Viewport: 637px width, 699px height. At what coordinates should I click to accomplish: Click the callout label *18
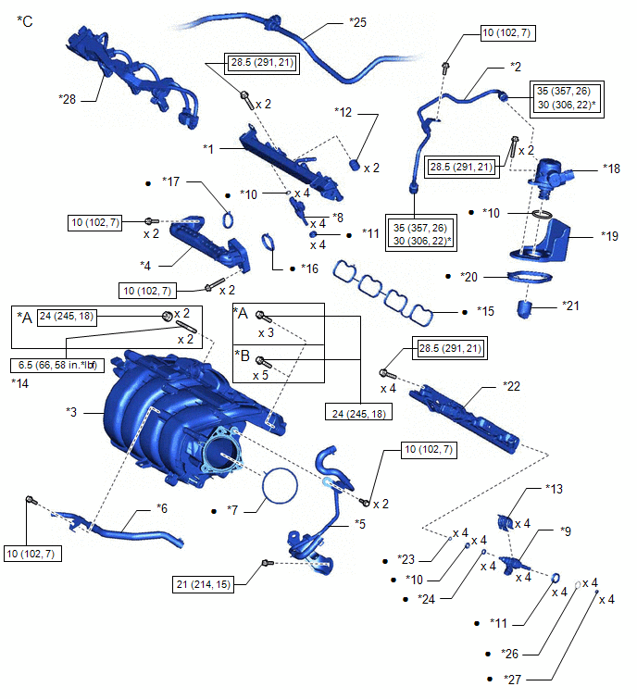[611, 169]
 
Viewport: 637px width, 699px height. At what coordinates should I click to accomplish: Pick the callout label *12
[345, 112]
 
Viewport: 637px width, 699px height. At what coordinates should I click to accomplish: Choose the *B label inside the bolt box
[244, 353]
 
